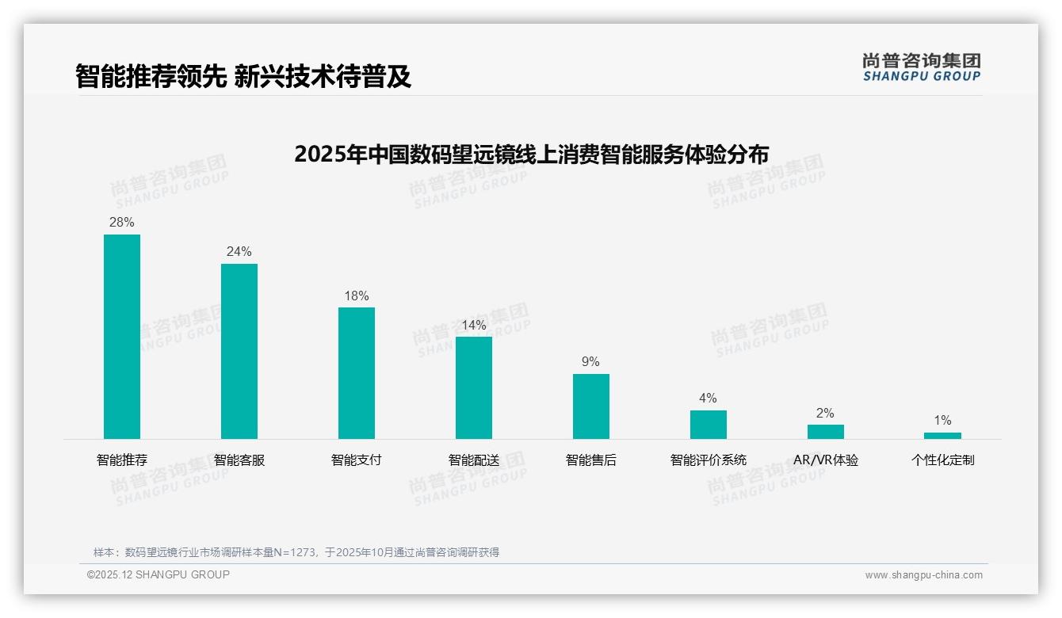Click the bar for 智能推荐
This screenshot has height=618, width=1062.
pos(122,337)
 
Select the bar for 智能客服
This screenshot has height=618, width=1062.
pos(239,351)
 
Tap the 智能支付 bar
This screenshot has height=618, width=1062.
pos(357,373)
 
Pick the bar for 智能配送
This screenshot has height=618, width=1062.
pos(474,387)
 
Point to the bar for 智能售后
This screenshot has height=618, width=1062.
pos(591,406)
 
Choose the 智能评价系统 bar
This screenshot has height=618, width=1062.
pos(708,425)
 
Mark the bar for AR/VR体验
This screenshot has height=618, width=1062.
pos(825,432)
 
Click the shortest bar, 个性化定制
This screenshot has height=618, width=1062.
pos(942,436)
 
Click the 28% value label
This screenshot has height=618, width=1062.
pos(122,223)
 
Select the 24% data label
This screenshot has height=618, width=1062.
pos(239,252)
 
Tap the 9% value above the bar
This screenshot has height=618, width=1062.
pos(591,362)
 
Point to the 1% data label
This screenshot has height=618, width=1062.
pos(942,421)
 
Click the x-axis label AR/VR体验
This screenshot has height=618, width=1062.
pos(825,460)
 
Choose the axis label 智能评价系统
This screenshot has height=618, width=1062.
pos(708,460)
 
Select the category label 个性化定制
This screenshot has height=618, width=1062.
pos(942,460)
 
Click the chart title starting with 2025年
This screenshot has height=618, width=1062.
pos(531,154)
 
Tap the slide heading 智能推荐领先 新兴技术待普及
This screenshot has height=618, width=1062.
pos(243,76)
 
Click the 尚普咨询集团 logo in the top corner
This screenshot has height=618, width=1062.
pos(921,67)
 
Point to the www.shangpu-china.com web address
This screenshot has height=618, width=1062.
pos(923,575)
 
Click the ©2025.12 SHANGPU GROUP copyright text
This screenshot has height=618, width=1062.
pos(159,575)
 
